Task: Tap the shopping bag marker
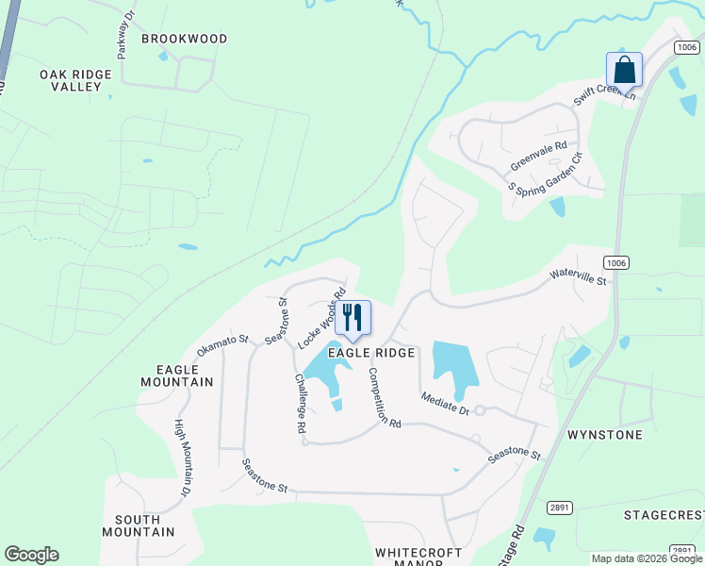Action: pyautogui.click(x=624, y=70)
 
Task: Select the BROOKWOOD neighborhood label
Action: pyautogui.click(x=185, y=39)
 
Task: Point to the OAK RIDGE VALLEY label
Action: pyautogui.click(x=71, y=80)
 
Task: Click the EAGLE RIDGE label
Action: pyautogui.click(x=371, y=353)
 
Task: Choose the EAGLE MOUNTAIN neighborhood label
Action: pyautogui.click(x=176, y=375)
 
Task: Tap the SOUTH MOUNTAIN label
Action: pyautogui.click(x=144, y=525)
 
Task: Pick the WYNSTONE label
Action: pyautogui.click(x=605, y=435)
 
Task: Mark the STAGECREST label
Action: pyautogui.click(x=664, y=515)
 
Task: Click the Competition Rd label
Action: pyautogui.click(x=385, y=397)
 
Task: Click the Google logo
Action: pyautogui.click(x=31, y=555)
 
